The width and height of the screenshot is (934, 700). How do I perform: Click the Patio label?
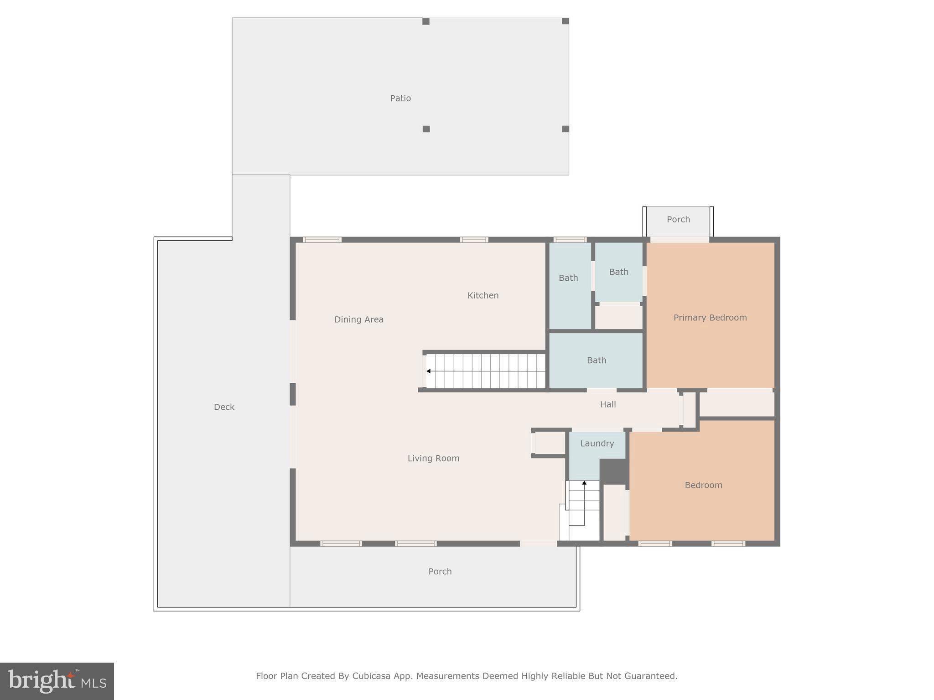point(400,98)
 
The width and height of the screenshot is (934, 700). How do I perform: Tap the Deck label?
point(224,407)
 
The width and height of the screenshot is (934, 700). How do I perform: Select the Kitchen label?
point(483,295)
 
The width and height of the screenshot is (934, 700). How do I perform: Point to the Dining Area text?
point(359,319)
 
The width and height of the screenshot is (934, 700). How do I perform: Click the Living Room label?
point(433,458)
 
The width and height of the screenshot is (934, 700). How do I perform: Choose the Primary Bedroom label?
point(710,318)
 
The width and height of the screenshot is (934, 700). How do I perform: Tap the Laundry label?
point(597,443)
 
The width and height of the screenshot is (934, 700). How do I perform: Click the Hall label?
point(608,404)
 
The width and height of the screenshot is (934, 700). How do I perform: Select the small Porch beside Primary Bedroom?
point(678,220)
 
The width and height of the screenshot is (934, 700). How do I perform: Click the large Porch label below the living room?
point(440,571)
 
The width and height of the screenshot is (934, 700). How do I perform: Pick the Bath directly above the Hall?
point(597,360)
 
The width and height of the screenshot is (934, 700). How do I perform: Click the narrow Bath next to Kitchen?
point(568,278)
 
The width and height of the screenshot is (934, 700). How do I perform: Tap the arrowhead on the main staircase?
point(428,371)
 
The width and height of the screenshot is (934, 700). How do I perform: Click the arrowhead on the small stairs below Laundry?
point(584,483)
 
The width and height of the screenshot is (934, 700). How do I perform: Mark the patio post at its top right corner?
point(566,21)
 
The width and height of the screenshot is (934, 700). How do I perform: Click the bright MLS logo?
point(57,681)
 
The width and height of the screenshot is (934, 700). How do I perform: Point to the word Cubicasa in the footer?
point(371,676)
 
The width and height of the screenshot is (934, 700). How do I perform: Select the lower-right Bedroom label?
point(703,485)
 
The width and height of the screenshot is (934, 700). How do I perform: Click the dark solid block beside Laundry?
point(614,471)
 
